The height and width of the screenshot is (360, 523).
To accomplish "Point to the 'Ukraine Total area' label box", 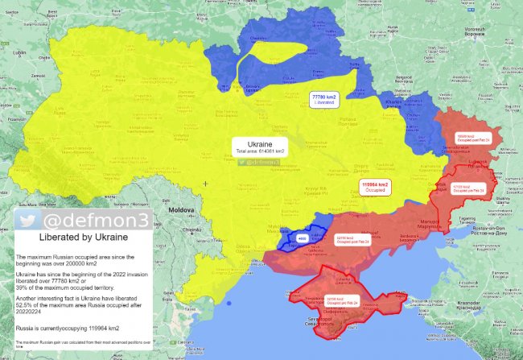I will [x=261, y=147].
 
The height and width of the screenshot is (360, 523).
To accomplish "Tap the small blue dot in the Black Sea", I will [x=229, y=304].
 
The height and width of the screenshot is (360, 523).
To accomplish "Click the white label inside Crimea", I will [x=341, y=302].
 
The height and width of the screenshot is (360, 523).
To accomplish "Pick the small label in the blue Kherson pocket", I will [x=303, y=239].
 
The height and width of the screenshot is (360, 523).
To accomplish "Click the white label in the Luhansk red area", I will [x=473, y=139].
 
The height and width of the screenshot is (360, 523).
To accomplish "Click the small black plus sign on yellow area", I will [x=206, y=184].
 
